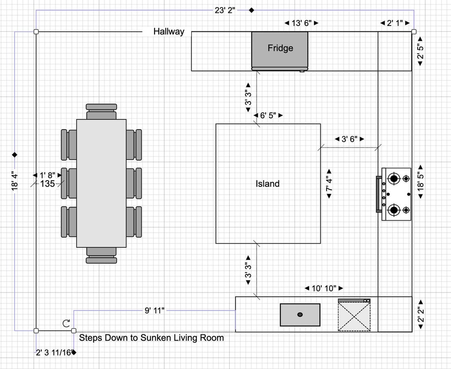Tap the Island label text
click(268, 183)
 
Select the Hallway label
click(169, 31)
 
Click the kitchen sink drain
click(300, 315)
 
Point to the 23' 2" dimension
click(225, 10)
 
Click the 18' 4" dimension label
click(15, 181)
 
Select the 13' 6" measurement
click(302, 23)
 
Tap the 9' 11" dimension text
click(155, 310)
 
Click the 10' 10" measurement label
click(324, 288)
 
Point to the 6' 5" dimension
click(269, 115)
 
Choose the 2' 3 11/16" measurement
click(54, 352)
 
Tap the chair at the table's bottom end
click(101, 255)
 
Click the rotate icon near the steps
click(66, 323)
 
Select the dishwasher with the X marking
click(354, 316)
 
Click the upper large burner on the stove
click(393, 179)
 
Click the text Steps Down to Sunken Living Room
click(151, 338)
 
